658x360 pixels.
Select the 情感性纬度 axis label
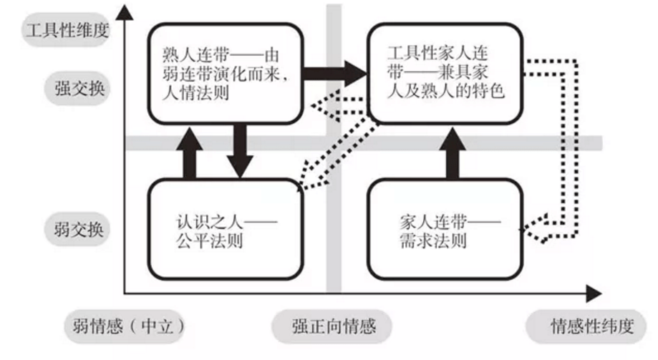591,327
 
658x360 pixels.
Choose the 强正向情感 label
334,327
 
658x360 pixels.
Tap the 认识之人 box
223,229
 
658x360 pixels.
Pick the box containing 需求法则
444,229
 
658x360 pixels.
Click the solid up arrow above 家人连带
453,153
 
